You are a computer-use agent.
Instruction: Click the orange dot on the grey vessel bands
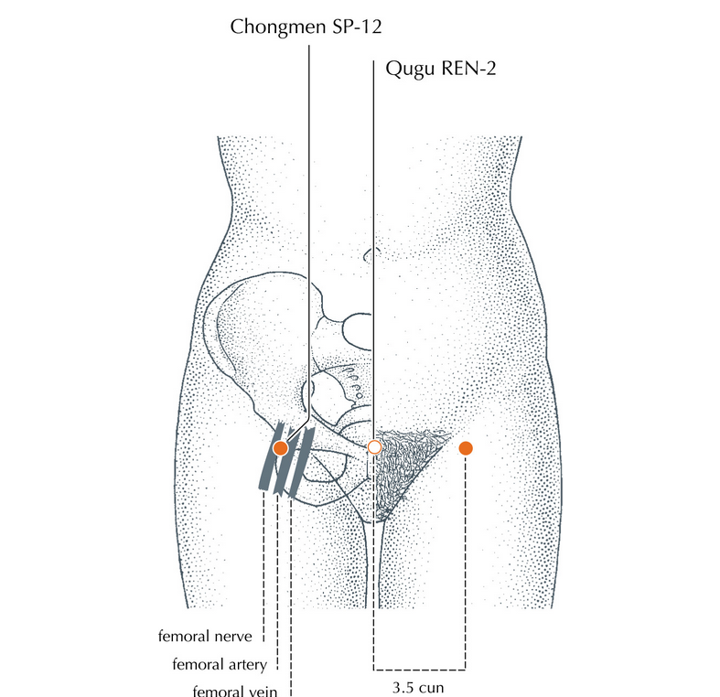[x=280, y=448]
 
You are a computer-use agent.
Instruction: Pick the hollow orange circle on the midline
[x=373, y=447]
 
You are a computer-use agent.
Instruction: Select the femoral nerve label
[x=208, y=633]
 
